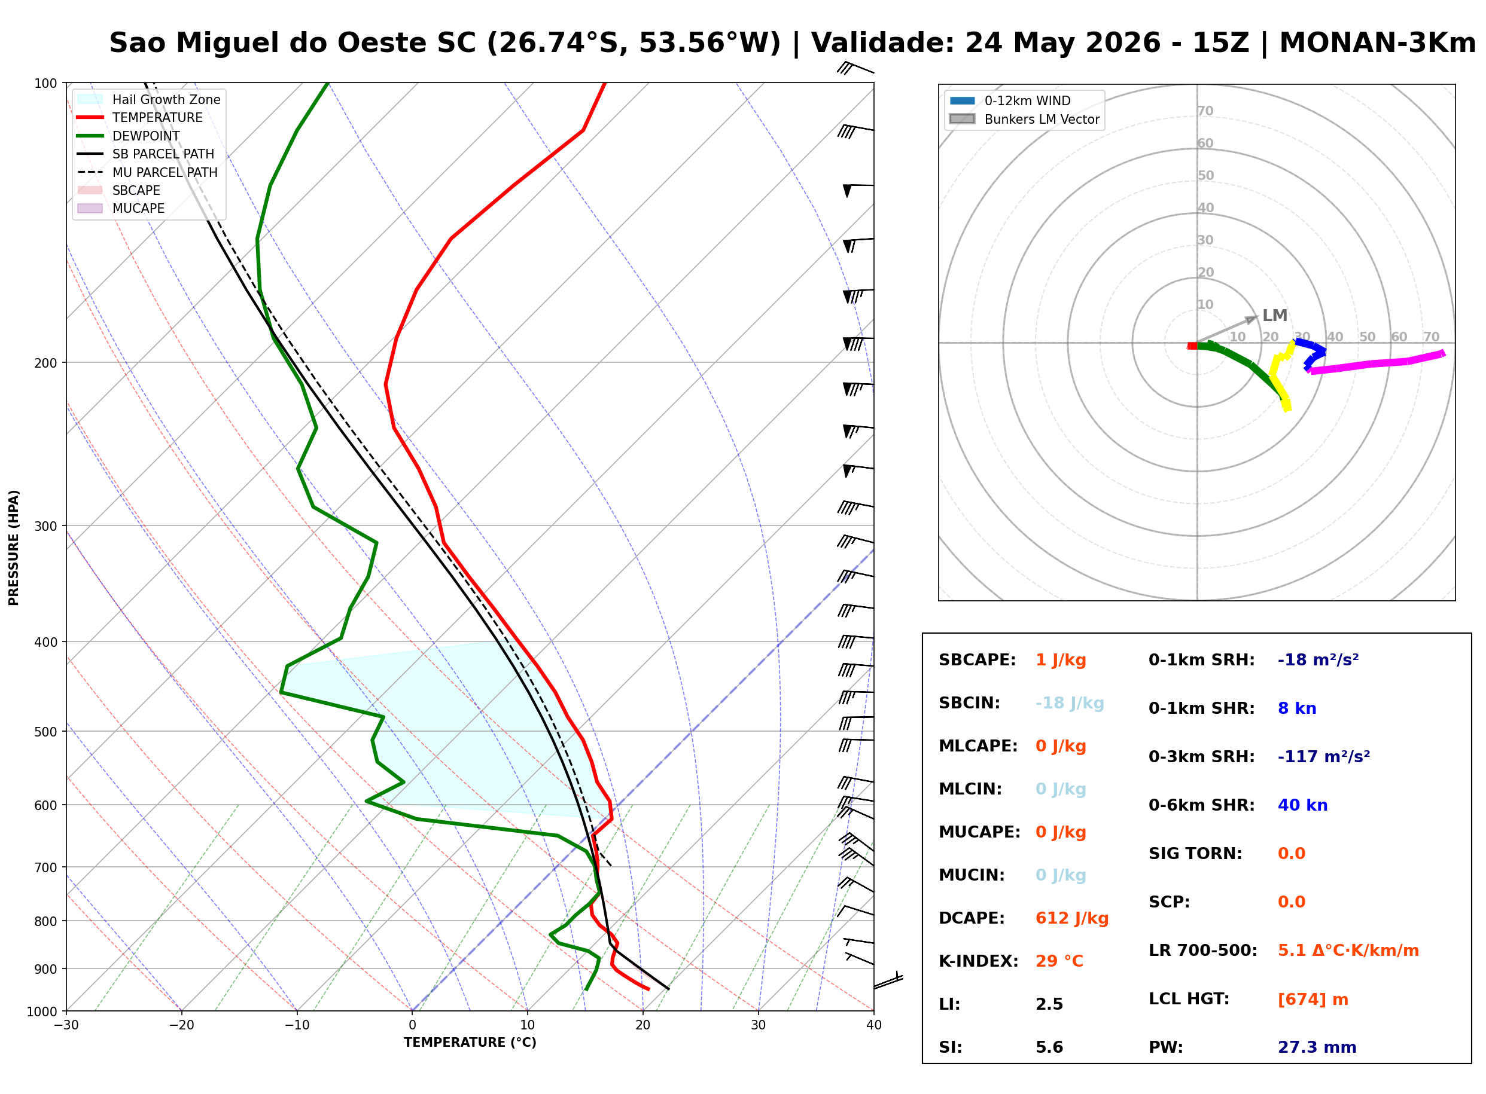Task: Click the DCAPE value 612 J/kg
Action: click(x=1071, y=918)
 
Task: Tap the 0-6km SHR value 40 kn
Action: click(x=1302, y=805)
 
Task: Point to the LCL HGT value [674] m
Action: click(x=1313, y=998)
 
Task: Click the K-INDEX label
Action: click(x=978, y=961)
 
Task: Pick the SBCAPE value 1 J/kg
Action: click(x=1060, y=660)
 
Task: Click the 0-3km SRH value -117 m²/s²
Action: click(x=1323, y=756)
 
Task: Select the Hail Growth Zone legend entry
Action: click(x=149, y=99)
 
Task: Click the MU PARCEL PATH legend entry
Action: click(x=148, y=172)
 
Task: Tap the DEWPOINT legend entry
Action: click(x=129, y=136)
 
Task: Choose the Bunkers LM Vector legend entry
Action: click(x=1024, y=119)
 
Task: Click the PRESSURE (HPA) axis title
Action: click(x=14, y=548)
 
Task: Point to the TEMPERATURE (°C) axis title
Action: click(x=470, y=1043)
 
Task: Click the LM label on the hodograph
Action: click(x=1274, y=315)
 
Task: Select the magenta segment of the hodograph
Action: click(x=1375, y=362)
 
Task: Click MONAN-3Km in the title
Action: click(x=1377, y=43)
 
